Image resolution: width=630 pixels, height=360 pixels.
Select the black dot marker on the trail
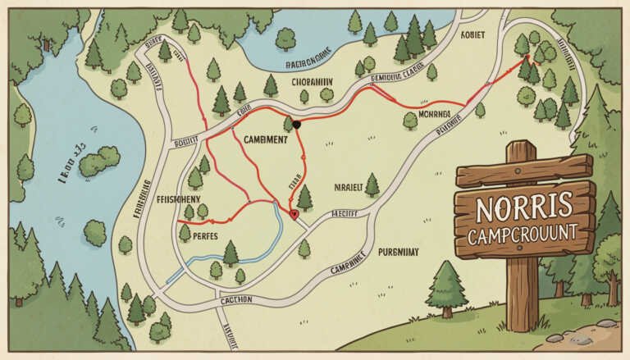(x=297, y=125)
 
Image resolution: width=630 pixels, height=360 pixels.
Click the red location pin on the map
(x=294, y=214)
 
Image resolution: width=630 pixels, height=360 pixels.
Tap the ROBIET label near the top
(x=474, y=35)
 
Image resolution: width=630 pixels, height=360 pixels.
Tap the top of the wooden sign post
(x=520, y=149)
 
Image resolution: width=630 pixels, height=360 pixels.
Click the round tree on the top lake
(x=285, y=36)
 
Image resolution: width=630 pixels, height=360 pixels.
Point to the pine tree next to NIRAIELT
(x=372, y=185)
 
